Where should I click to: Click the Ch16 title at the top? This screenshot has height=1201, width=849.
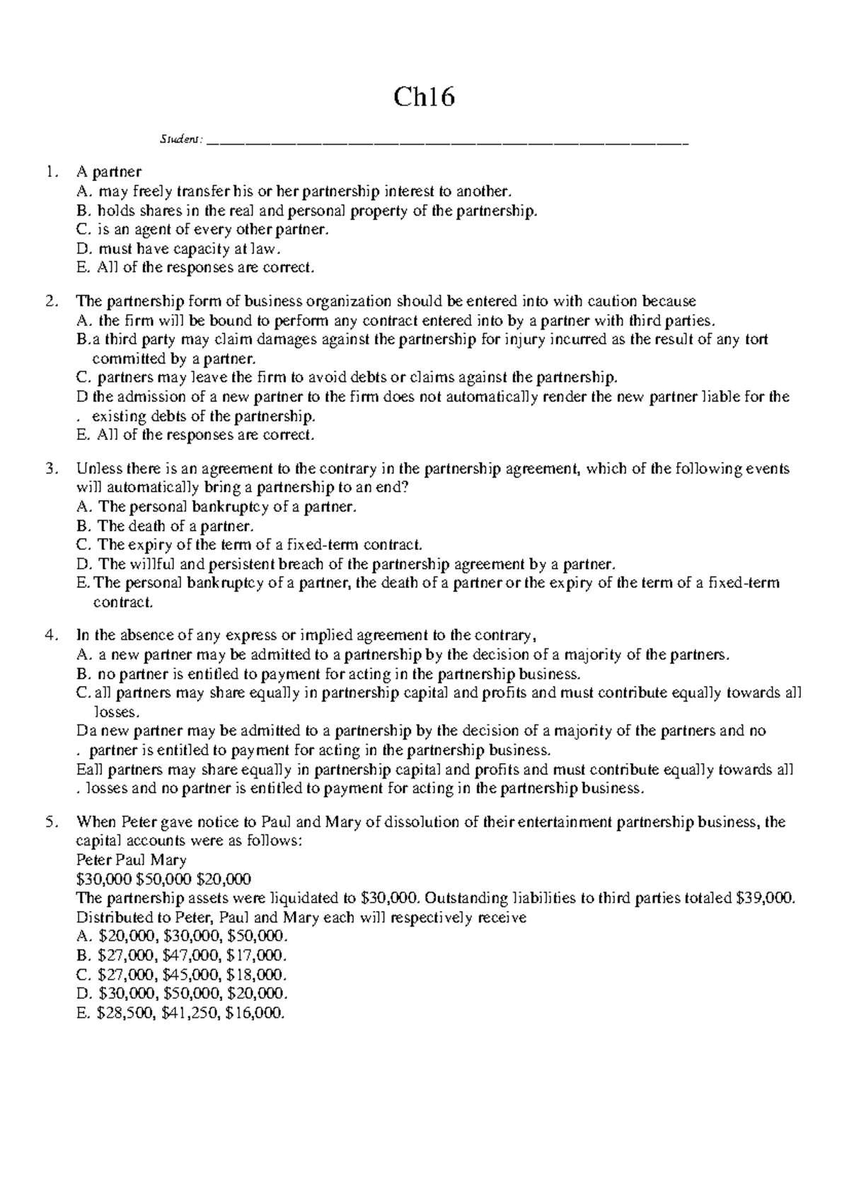click(424, 97)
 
